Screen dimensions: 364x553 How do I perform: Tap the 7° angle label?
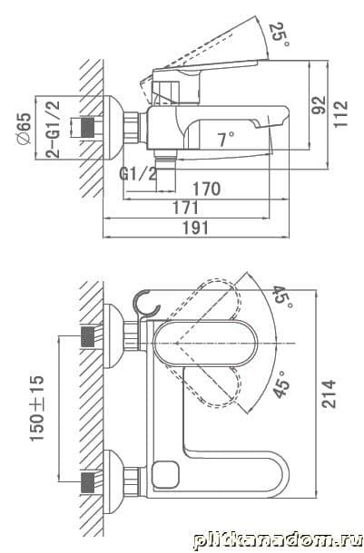click(x=226, y=139)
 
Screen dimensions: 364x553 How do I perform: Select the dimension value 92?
click(x=320, y=104)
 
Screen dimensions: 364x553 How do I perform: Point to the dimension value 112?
click(x=340, y=114)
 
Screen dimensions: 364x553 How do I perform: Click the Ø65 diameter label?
click(x=24, y=129)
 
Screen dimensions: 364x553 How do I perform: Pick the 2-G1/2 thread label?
click(x=53, y=129)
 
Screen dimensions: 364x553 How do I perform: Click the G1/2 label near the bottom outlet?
click(x=138, y=174)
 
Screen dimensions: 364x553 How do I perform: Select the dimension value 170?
click(x=207, y=189)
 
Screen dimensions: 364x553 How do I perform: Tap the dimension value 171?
click(x=186, y=208)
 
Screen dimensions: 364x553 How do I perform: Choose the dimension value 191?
click(x=195, y=228)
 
